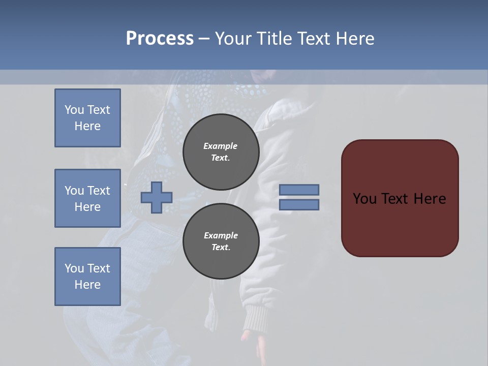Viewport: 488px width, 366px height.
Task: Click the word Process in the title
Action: point(160,39)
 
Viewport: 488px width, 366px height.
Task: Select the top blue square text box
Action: point(87,118)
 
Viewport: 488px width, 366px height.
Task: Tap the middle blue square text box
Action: point(87,198)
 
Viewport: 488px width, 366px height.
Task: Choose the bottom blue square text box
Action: point(87,277)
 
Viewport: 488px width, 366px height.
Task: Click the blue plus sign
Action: point(157,197)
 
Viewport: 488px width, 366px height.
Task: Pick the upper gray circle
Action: point(221,152)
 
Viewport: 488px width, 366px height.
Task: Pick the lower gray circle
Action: point(221,241)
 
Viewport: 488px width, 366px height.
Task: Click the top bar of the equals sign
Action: point(299,190)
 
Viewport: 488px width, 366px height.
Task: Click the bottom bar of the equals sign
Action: point(299,204)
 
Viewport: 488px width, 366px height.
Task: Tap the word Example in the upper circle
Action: point(220,146)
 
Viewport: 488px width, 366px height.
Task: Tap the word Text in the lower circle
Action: point(220,247)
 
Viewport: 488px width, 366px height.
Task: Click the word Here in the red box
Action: point(430,199)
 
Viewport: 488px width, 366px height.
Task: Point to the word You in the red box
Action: point(365,199)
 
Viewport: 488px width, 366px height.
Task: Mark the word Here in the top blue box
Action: point(87,126)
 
